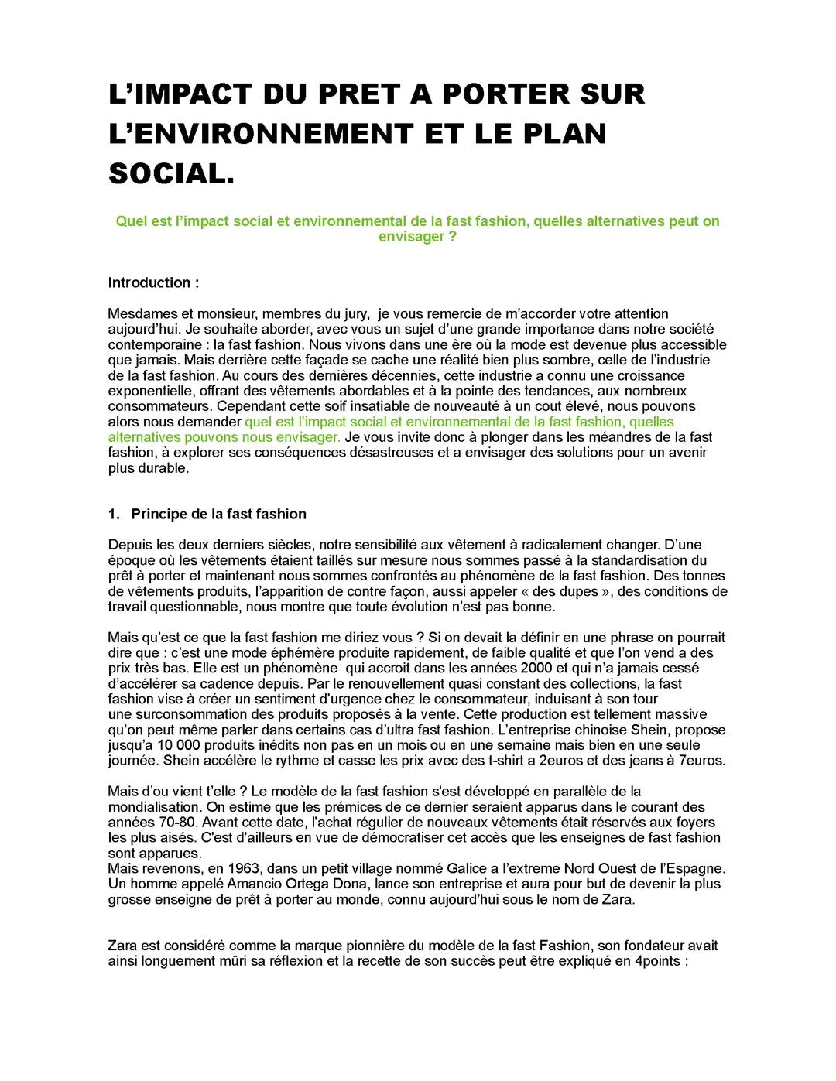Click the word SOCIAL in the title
168,174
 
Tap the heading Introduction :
153,282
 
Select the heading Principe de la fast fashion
218,515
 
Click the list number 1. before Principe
114,515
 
